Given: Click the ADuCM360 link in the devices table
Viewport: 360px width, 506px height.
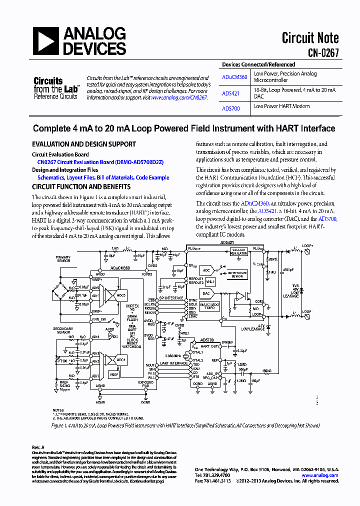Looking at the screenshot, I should point(234,77).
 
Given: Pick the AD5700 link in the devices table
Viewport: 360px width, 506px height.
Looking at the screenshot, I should point(231,108).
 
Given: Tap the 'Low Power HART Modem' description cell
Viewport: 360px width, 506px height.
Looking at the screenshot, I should point(281,106).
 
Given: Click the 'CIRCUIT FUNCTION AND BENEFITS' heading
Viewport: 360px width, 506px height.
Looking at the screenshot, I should point(81,186).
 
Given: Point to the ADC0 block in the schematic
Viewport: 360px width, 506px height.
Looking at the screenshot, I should point(120,295).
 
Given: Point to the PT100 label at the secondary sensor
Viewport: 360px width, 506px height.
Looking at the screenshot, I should point(63,360).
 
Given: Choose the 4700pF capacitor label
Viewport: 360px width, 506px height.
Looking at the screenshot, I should point(287,269).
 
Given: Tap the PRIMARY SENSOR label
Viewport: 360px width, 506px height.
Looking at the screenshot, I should point(63,259).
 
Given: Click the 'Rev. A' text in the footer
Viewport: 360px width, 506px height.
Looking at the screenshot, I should point(38,447).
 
